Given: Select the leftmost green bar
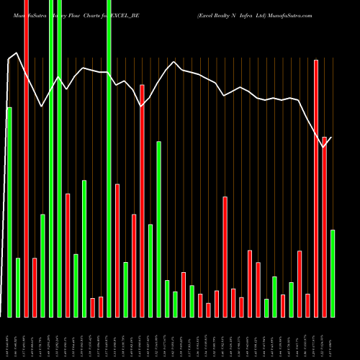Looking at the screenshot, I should click(x=9, y=212).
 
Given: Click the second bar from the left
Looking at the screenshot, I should click(x=18, y=287).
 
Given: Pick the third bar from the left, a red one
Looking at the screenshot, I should click(x=26, y=158).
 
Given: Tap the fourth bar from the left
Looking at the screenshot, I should click(x=35, y=287).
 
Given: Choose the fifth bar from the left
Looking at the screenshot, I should click(x=42, y=266).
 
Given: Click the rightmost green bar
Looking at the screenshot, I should click(x=333, y=273).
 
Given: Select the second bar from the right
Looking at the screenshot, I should click(x=324, y=227).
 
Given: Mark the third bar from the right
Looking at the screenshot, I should click(x=316, y=188).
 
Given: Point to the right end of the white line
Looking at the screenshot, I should click(x=332, y=137).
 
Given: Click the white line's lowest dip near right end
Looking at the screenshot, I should click(x=323, y=147).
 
